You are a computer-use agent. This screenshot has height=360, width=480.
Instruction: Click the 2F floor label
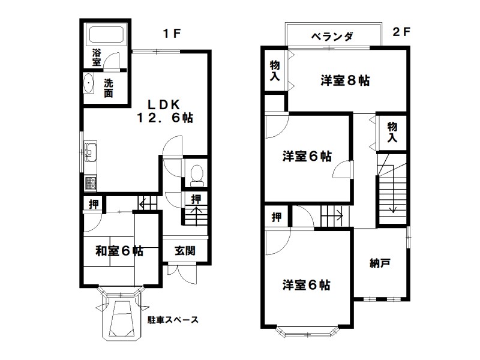pos(400,33)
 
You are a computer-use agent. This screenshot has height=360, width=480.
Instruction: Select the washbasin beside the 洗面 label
pos(89,83)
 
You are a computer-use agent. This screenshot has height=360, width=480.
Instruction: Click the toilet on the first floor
pos(196,174)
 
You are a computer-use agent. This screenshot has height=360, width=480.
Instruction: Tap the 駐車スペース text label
pos(173,320)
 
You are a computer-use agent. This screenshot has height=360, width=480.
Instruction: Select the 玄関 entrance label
pos(185,251)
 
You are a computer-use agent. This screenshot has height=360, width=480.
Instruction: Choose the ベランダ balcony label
pos(331,37)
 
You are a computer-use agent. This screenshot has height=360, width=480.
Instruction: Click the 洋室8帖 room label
pos(344,80)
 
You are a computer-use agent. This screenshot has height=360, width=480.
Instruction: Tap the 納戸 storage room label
pos(380,262)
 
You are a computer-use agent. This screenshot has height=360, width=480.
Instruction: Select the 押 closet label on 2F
pos(275,217)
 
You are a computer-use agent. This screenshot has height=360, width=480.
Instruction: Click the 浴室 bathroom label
pos(96,58)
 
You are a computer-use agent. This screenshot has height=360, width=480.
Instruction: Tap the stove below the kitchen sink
pos(90,182)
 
